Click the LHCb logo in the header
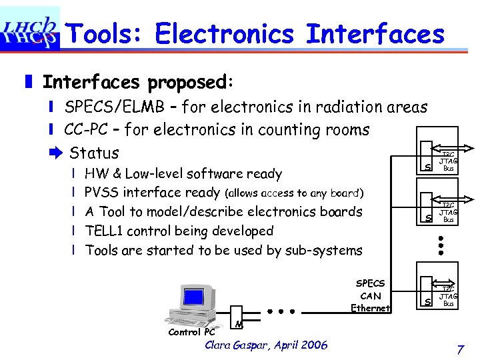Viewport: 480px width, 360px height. click(30, 28)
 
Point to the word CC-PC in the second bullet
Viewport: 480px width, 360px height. click(85, 129)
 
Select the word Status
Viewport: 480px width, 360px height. click(94, 153)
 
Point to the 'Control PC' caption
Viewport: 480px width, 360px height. click(191, 331)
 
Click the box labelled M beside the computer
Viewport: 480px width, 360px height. click(237, 318)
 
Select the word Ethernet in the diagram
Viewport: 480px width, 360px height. click(370, 308)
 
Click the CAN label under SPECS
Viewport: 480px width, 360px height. click(370, 296)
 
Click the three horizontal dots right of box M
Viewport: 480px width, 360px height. click(282, 311)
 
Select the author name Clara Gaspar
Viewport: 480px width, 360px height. click(241, 345)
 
